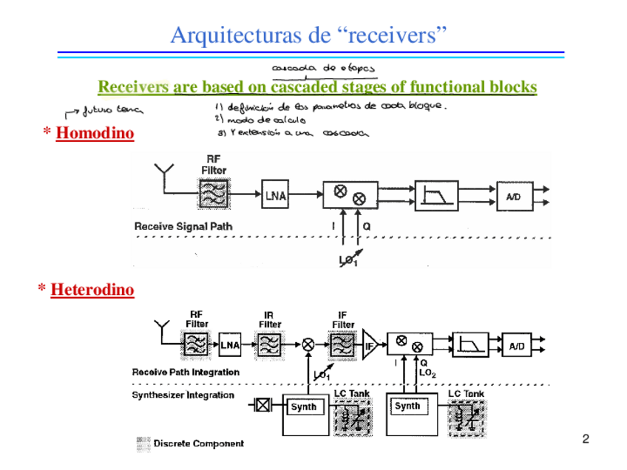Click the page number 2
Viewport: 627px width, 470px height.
[586, 440]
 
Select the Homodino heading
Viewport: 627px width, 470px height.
[95, 134]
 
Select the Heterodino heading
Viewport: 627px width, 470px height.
[92, 290]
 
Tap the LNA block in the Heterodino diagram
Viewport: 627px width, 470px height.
[230, 344]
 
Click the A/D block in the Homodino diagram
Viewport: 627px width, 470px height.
[514, 196]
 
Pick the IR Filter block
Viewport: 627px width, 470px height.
[270, 344]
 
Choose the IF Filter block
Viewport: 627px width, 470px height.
[342, 344]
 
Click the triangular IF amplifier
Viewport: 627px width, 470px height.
[369, 345]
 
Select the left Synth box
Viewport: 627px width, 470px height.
[303, 406]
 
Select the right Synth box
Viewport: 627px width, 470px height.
[407, 406]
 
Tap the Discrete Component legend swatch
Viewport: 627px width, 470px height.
[143, 444]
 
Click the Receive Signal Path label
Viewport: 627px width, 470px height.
[183, 226]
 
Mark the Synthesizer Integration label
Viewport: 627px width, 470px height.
[183, 395]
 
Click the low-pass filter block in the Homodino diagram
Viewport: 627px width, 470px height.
[436, 196]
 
